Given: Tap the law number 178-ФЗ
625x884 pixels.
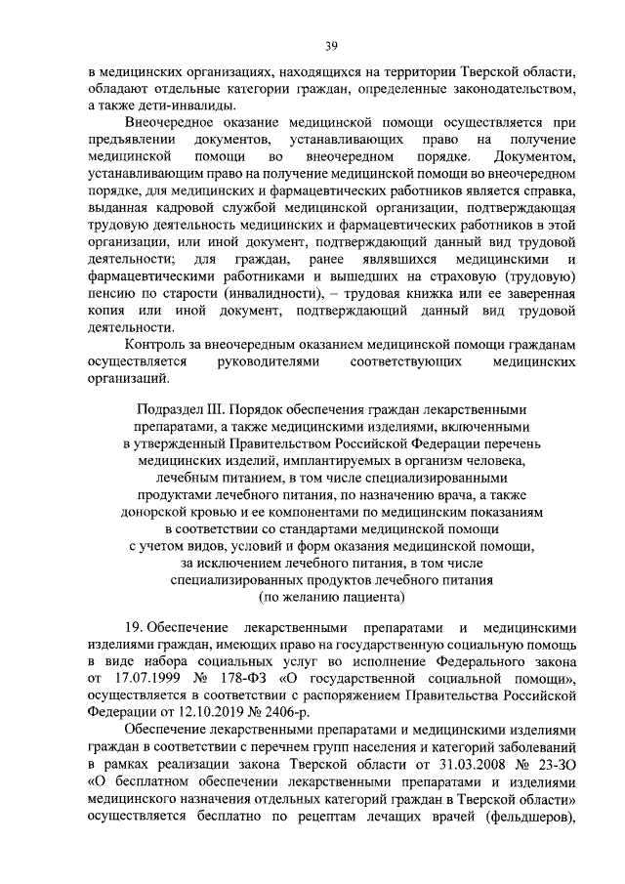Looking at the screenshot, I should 256,677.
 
